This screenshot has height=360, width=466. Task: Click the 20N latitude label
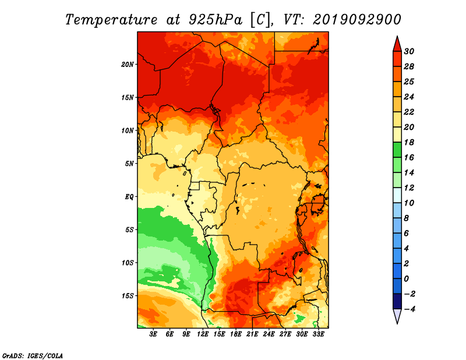point(128,65)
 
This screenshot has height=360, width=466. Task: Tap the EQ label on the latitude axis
point(129,197)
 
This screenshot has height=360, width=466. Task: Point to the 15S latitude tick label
point(128,296)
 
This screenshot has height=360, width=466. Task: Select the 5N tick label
point(129,164)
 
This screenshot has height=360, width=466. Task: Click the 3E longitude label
point(153,334)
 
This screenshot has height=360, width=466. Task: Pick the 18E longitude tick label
point(236,334)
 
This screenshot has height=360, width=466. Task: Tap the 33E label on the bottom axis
point(318,334)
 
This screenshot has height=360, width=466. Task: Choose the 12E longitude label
point(203,334)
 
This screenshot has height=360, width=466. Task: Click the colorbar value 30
point(409,51)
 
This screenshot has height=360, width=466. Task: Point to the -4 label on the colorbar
point(409,309)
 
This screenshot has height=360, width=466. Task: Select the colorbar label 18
point(409,142)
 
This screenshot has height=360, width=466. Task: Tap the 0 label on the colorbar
point(406,279)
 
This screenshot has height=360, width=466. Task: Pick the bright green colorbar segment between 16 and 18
point(397,150)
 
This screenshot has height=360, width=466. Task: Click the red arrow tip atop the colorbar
point(397,37)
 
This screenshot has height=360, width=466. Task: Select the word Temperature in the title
point(111,20)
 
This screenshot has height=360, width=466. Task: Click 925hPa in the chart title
point(215,20)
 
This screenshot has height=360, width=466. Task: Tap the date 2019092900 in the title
point(357,20)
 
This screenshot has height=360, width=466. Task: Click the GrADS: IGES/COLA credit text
point(33,355)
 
